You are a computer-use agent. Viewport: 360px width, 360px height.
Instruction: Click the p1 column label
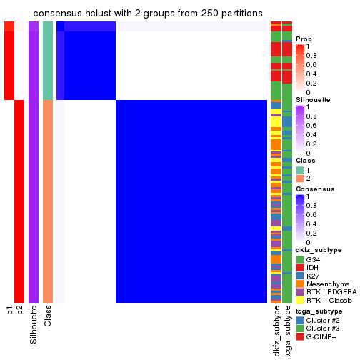(10, 310)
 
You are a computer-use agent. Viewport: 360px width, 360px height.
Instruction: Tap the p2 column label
(20, 310)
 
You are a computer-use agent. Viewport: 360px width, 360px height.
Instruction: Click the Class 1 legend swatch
(300, 169)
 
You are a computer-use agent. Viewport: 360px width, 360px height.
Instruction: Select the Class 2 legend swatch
(300, 178)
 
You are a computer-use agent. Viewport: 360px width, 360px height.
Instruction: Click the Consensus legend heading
(313, 189)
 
